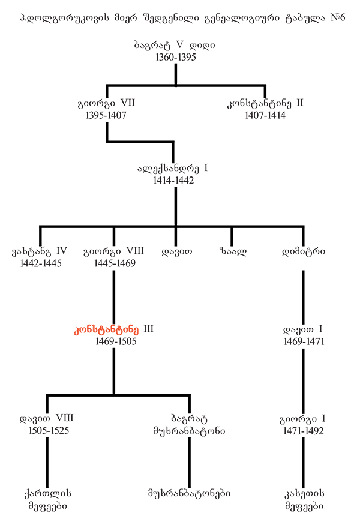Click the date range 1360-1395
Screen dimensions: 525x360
click(x=175, y=58)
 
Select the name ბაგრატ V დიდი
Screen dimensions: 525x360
click(x=175, y=45)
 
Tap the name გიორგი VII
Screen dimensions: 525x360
click(x=106, y=103)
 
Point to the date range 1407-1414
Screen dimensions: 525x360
click(x=265, y=115)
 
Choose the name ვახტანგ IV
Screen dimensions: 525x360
click(x=40, y=251)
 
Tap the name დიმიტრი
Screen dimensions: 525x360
click(x=304, y=251)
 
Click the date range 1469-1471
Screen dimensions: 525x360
click(x=304, y=341)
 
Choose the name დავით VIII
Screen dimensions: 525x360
click(x=46, y=417)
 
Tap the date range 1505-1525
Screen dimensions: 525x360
click(x=46, y=430)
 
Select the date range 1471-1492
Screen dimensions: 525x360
click(x=304, y=430)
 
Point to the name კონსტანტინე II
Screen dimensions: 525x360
click(x=265, y=103)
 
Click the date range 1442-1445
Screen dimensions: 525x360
click(x=40, y=263)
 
